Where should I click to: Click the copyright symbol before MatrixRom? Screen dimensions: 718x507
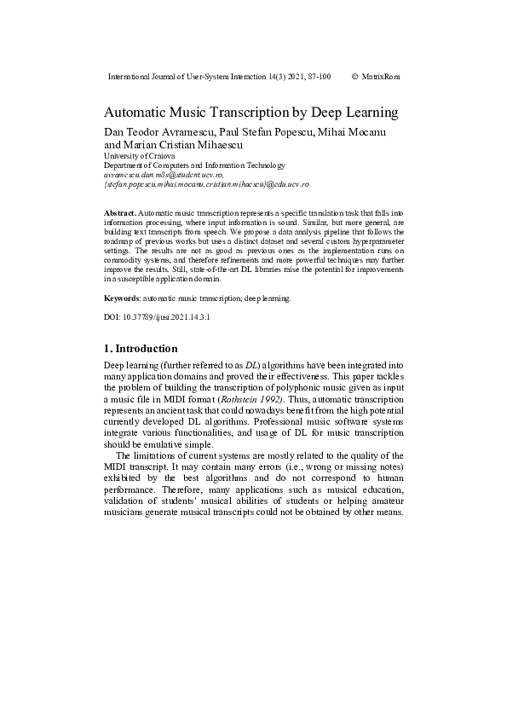tap(354, 77)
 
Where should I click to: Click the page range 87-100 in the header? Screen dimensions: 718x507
tap(314, 77)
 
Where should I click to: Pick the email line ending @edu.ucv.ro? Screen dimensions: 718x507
tap(205, 183)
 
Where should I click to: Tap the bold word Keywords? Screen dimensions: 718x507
tap(121, 298)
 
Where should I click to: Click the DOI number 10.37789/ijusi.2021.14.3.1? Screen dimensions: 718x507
tap(167, 317)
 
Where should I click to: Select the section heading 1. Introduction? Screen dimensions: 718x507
tap(141, 349)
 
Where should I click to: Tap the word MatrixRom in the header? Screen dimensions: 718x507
tap(381, 77)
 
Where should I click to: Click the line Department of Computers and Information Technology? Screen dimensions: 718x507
tap(194, 165)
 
